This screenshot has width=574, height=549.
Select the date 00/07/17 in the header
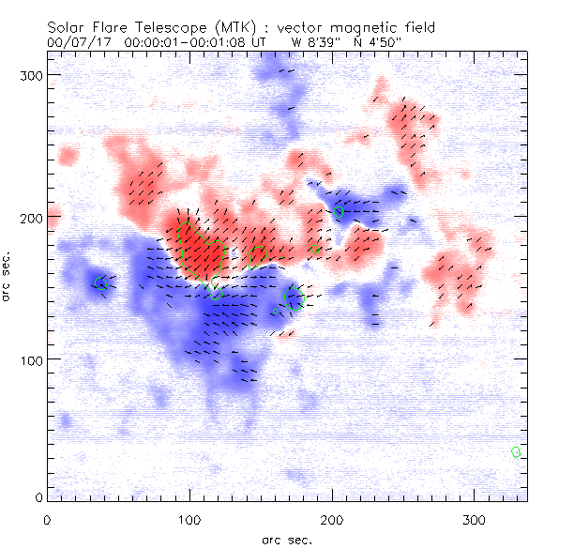pos(78,42)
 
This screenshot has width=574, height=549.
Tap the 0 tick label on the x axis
pos(46,519)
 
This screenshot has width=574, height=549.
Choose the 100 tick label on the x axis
pos(189,519)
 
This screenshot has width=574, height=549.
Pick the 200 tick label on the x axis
pos(331,519)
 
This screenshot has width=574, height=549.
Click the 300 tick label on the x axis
pos(474,519)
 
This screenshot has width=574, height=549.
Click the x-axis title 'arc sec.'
pos(286,540)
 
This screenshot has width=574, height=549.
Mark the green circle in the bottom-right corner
pos(516,452)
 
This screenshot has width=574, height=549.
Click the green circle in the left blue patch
pos(101,283)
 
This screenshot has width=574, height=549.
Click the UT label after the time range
pos(266,42)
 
